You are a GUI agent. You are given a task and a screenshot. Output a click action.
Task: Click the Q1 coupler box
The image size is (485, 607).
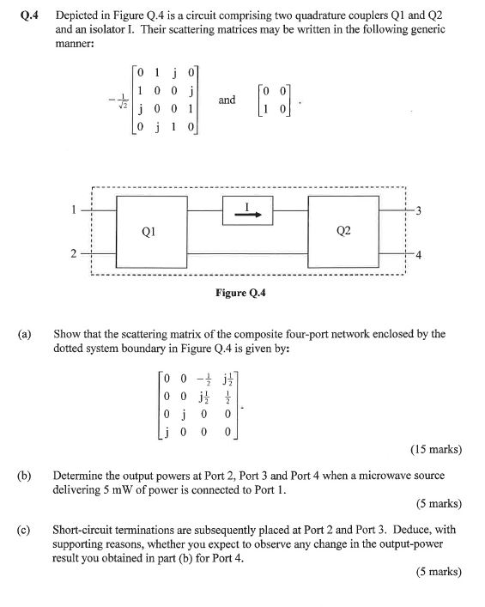point(150,230)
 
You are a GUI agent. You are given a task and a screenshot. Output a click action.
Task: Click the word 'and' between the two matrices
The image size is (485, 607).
point(227,100)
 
